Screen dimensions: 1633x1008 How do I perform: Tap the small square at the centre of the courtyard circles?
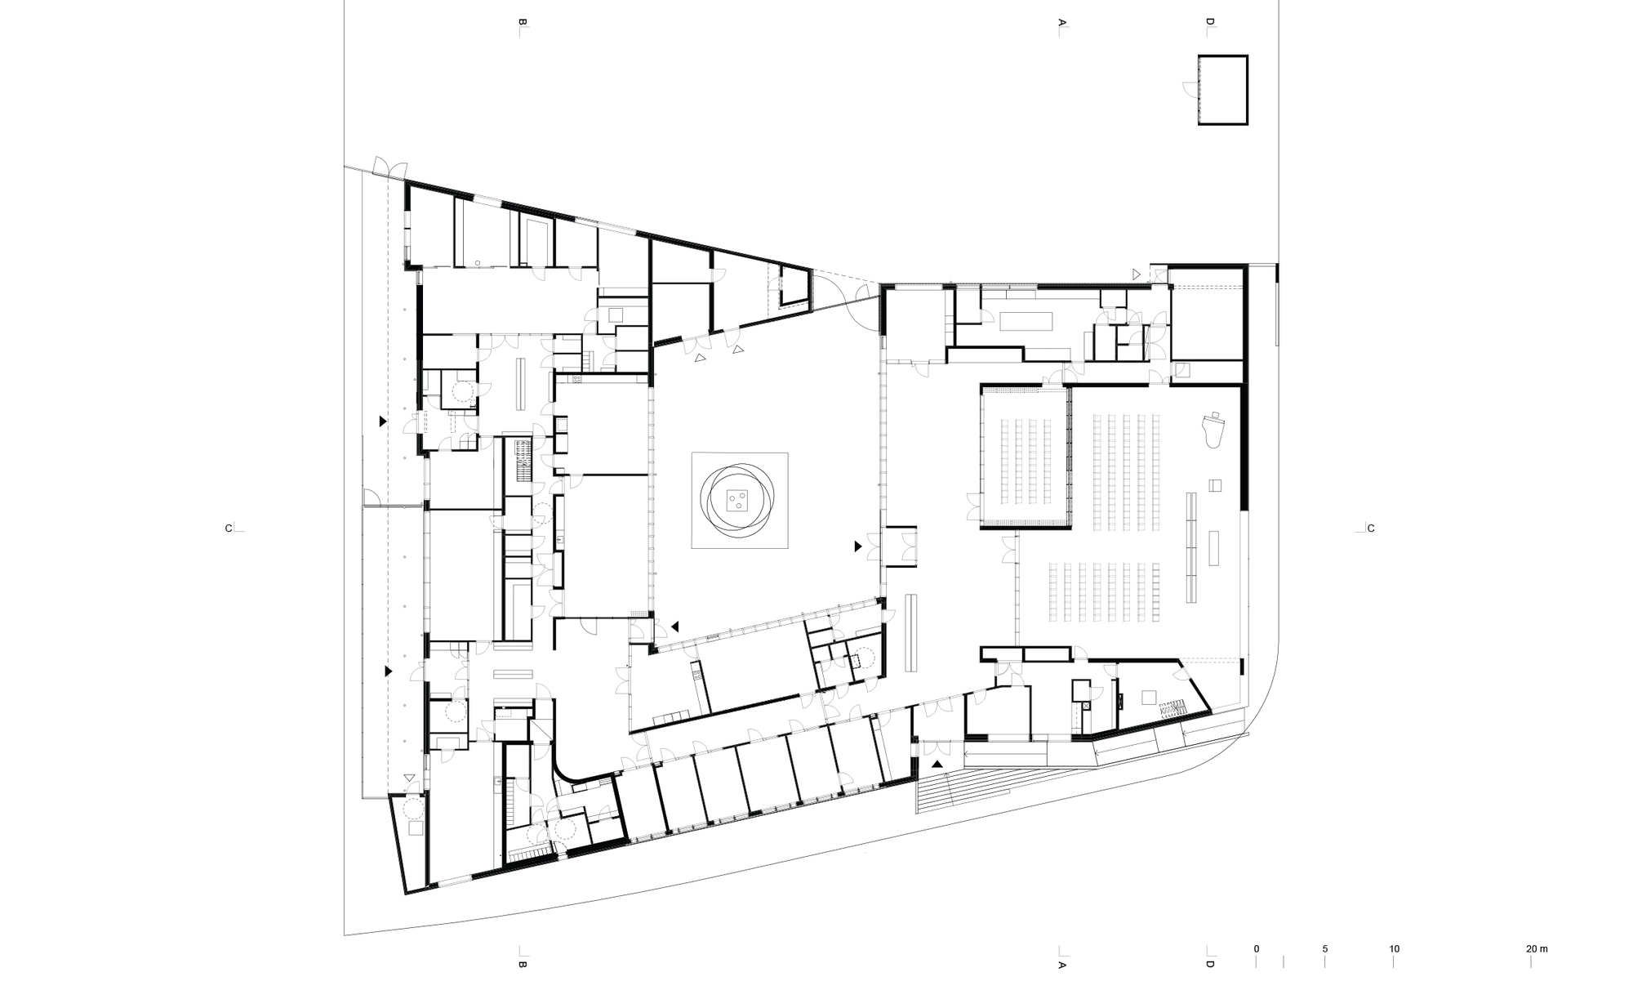tap(740, 499)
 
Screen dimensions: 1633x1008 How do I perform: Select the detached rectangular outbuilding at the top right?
tap(1223, 90)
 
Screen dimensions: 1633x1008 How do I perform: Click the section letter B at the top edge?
tap(519, 24)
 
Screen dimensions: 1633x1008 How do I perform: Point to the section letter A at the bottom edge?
tap(1062, 965)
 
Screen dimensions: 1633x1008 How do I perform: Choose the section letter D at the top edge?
tap(1210, 24)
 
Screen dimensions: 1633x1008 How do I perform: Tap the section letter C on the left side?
tap(229, 529)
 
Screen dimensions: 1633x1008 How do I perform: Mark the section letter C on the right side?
tap(1371, 529)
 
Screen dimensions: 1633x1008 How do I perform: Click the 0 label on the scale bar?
tap(1257, 949)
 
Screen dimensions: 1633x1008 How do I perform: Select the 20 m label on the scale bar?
tap(1537, 949)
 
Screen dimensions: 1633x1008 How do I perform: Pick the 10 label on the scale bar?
tap(1395, 949)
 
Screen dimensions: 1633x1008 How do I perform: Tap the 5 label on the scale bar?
tap(1325, 949)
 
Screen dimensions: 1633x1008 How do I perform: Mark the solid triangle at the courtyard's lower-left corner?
tap(675, 627)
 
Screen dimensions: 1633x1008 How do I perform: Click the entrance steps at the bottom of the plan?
tap(980, 787)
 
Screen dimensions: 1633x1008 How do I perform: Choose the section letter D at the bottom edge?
tap(1210, 965)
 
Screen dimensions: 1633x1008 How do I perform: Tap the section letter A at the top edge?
tap(1062, 24)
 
